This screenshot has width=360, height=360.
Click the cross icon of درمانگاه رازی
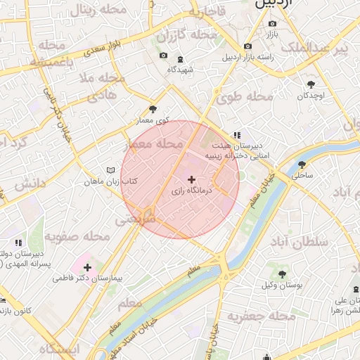pyautogui.click(x=192, y=180)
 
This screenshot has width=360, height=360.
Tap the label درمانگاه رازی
pyautogui.click(x=192, y=191)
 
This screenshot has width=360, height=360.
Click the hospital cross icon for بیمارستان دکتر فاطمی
pyautogui.click(x=87, y=267)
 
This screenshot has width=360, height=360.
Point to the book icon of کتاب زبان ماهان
pyautogui.click(x=110, y=171)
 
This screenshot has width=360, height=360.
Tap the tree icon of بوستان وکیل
pyautogui.click(x=281, y=274)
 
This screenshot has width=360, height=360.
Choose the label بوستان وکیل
pyautogui.click(x=281, y=285)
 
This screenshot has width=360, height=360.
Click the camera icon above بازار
pyautogui.click(x=272, y=23)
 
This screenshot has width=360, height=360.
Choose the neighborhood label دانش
pyautogui.click(x=28, y=184)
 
